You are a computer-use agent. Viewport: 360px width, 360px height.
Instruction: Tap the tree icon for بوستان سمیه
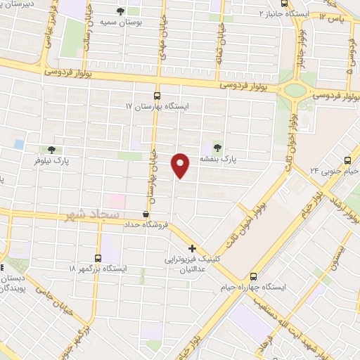122,11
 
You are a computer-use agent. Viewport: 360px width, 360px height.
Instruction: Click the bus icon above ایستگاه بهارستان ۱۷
157,95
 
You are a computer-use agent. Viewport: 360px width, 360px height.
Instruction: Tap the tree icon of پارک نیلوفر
51,149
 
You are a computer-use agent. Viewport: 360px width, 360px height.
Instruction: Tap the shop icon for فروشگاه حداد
146,214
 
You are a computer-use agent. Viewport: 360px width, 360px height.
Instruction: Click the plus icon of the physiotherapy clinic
192,248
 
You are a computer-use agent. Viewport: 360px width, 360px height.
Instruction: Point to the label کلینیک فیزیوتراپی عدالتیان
190,264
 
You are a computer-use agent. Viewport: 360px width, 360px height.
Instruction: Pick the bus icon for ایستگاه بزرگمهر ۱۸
98,257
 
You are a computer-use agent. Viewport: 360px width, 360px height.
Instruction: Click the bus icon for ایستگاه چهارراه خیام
254,276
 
